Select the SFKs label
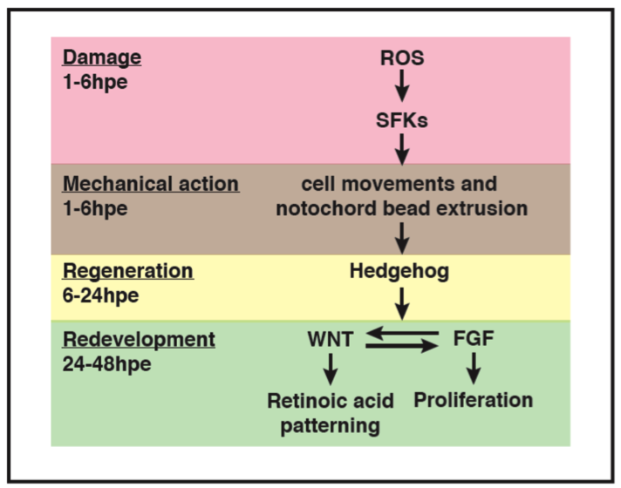401,120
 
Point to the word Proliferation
473,400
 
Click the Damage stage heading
102,58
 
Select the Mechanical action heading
151,184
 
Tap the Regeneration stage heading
127,271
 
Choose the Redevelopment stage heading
138,340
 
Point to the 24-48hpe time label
107,363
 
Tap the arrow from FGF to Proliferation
473,370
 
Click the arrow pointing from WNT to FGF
401,346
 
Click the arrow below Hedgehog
401,302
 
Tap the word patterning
330,425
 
